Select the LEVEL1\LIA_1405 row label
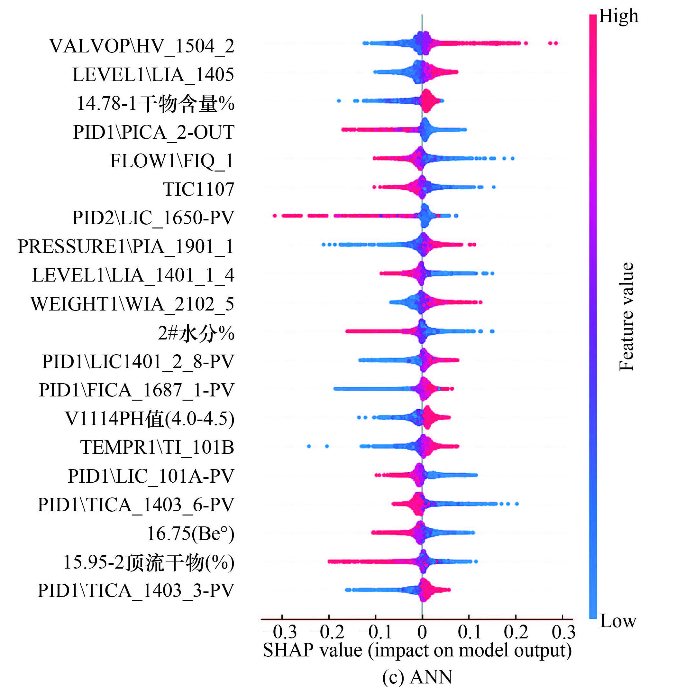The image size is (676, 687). tap(153, 75)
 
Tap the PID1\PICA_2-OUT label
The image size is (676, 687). tap(153, 133)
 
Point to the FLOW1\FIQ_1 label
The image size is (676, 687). tap(172, 161)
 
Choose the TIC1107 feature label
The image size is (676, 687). tap(198, 189)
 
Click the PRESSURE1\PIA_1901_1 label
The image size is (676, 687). tap(126, 246)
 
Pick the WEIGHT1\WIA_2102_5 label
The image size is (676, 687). tap(132, 304)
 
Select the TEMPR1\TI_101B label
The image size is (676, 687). tap(157, 447)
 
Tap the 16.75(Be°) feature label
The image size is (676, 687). tap(190, 534)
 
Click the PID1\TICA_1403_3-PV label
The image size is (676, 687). tap(136, 591)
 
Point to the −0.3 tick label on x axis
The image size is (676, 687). tap(280, 632)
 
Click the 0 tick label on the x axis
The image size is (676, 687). tap(422, 632)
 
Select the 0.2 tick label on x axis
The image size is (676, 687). tap(516, 632)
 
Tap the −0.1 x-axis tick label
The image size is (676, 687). tap(375, 632)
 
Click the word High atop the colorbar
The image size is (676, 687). tap(618, 16)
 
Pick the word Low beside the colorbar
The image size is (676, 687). tap(618, 621)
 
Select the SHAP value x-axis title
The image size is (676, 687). tap(417, 650)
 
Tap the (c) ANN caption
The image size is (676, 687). tap(417, 677)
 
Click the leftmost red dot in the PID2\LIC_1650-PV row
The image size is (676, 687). tap(274, 216)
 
